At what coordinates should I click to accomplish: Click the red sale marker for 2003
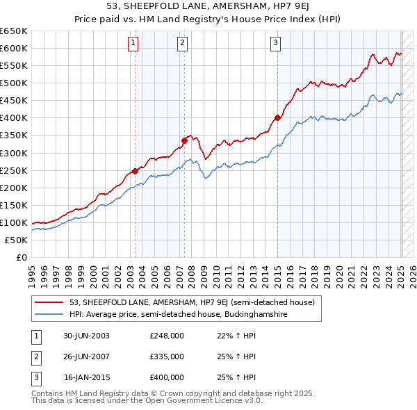(135, 171)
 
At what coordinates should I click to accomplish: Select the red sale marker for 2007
(184, 140)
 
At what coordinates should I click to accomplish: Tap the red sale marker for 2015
(277, 117)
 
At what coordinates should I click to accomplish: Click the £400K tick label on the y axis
(14, 117)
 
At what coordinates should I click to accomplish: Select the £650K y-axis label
(14, 31)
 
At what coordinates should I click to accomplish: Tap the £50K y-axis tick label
(17, 240)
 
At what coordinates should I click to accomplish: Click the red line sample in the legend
(49, 302)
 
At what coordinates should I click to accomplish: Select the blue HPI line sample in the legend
(49, 314)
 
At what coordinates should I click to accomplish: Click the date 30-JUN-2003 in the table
(86, 336)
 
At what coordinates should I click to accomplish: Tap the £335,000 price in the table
(167, 356)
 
